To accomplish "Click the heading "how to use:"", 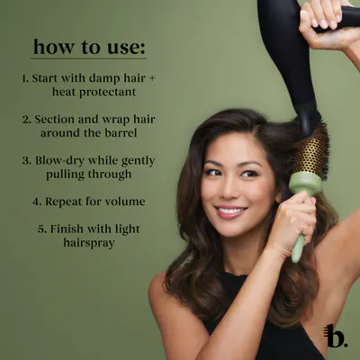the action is coord(89,48).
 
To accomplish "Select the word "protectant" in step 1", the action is coord(107,92).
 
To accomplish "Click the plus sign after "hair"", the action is coord(152,78).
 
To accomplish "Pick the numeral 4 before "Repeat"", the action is coord(36,202).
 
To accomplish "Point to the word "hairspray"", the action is coord(89,243).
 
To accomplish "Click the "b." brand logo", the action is coord(336,336).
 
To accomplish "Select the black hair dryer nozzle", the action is coord(306,119).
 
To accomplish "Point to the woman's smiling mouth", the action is coord(230,211).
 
